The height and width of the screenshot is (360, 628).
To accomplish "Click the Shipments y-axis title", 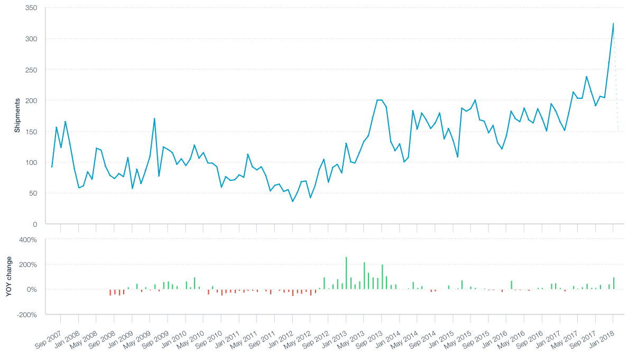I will click(17, 115).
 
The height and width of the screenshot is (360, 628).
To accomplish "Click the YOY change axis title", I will click(9, 276).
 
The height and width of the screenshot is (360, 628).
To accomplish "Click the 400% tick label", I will click(28, 240).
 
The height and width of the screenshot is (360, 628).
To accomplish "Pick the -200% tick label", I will click(26, 315).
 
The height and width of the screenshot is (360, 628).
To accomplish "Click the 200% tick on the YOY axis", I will click(28, 265).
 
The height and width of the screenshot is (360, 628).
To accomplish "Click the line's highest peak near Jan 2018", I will click(613, 24).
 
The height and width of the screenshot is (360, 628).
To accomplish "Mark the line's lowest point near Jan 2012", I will click(292, 201).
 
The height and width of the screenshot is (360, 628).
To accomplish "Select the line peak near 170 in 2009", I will click(154, 118).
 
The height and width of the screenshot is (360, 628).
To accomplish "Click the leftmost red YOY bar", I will click(110, 292).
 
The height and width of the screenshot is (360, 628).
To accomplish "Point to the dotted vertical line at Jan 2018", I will click(616, 106).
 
